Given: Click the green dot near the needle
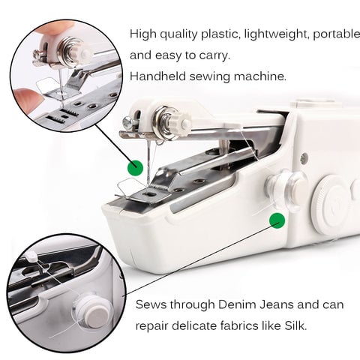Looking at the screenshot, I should click(135, 166).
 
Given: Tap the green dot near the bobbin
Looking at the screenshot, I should click(277, 220).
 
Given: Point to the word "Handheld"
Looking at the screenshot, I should click(159, 76).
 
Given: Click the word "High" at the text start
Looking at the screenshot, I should click(143, 34).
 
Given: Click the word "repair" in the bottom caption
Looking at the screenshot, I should click(154, 326).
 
